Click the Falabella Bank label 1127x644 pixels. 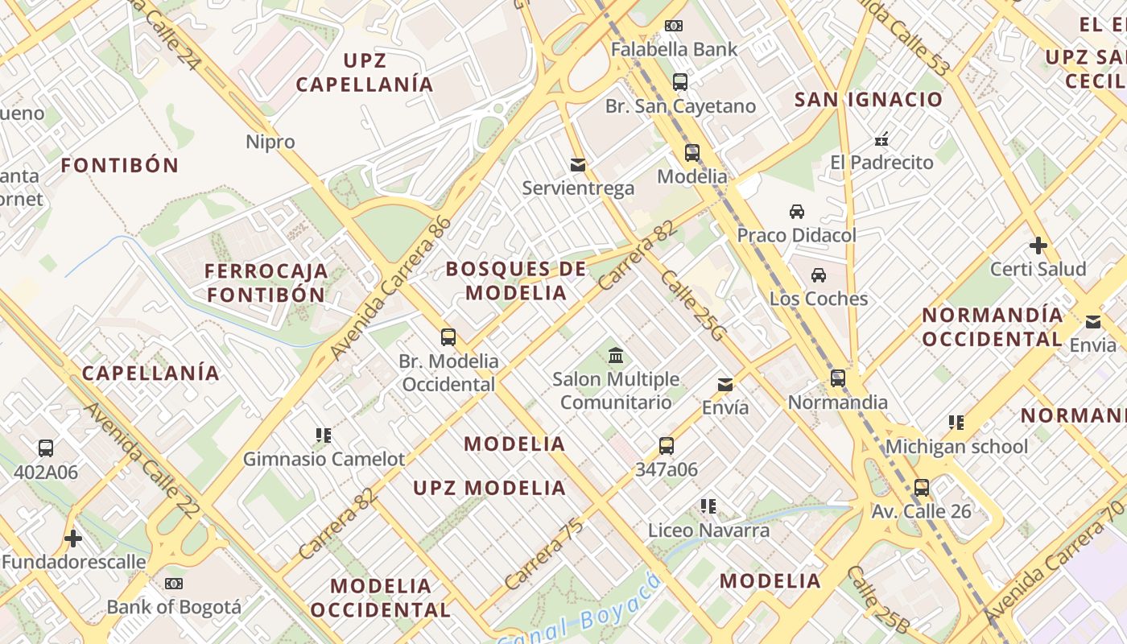674,49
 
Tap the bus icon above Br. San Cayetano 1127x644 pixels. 680,81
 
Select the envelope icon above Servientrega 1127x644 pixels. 577,165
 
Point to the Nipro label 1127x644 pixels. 270,142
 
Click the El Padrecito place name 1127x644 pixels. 881,162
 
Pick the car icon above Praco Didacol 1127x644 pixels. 797,212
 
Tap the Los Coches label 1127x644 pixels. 819,299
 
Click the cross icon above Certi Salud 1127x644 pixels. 1038,245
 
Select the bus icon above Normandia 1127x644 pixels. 838,378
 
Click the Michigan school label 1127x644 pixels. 957,446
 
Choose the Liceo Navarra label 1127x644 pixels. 708,530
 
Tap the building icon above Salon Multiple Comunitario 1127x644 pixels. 616,355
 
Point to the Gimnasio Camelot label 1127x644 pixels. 324,459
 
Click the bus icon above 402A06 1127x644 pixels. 46,448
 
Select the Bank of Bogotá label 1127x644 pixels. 174,606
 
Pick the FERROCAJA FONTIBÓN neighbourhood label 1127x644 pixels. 266,283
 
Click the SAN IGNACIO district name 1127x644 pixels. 868,100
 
